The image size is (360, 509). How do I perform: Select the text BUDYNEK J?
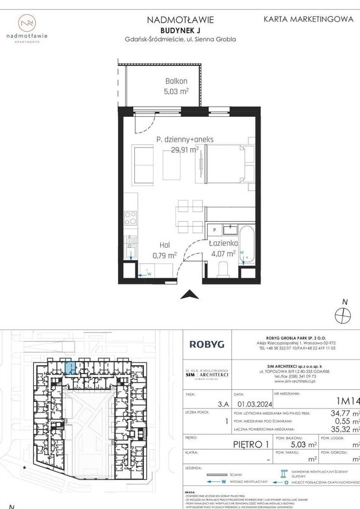click(181, 29)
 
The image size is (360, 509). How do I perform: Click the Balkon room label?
click(177, 81)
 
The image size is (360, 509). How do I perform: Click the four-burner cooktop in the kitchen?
click(130, 217)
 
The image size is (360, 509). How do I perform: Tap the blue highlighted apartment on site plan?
click(69, 368)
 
